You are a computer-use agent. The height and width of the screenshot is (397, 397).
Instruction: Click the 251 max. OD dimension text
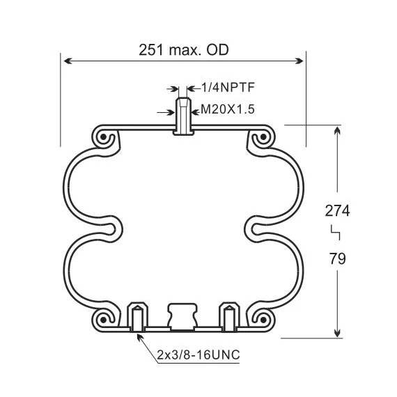(184, 49)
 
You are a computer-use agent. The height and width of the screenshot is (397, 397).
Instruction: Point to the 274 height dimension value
(337, 210)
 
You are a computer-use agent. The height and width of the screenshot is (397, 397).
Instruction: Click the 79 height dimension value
(337, 258)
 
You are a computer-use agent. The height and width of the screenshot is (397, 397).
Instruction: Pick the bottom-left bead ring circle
(104, 320)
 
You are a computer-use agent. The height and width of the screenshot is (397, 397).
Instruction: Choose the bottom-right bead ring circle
(262, 320)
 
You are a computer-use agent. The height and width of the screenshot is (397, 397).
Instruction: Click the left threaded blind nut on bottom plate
(137, 316)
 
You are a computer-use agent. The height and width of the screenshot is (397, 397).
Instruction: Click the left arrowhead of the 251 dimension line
(67, 61)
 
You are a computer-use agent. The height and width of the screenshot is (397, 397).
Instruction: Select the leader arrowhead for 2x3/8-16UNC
(140, 336)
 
